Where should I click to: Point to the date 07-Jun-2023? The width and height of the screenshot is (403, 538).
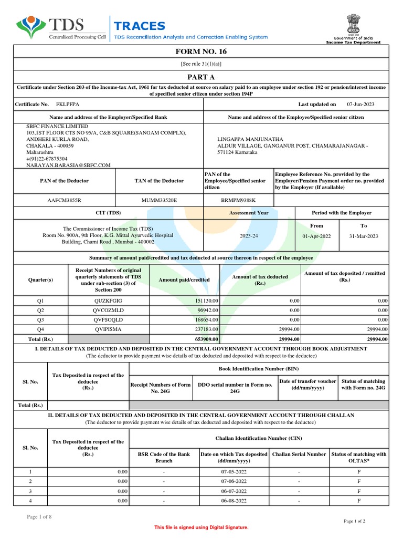360,105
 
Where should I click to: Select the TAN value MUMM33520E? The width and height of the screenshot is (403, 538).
159,200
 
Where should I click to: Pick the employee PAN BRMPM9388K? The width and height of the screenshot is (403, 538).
238,200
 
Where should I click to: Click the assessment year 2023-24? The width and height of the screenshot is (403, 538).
249,236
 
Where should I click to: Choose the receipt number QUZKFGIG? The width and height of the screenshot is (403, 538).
107,301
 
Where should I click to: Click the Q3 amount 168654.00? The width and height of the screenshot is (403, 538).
203,319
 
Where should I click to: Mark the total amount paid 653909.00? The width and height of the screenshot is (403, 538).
203,339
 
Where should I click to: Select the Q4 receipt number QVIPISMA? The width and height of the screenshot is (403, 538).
107,329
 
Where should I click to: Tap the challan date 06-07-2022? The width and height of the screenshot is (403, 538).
234,491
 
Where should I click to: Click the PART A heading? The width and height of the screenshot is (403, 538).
201,76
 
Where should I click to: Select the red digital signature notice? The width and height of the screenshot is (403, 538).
201,527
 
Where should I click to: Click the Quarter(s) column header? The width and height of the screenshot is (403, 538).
40,280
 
